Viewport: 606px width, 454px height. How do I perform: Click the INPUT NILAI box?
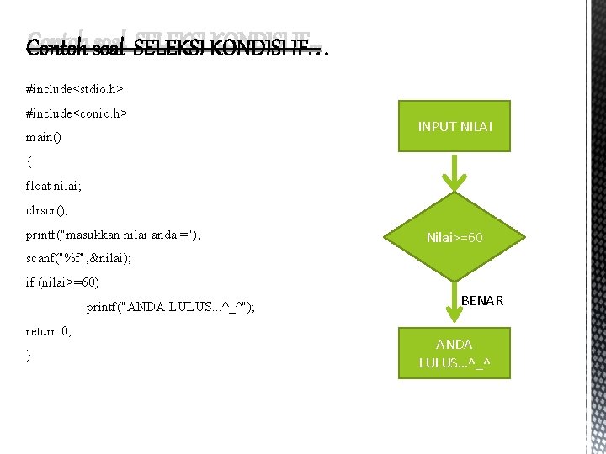(454, 127)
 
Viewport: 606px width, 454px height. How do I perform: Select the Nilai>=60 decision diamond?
(454, 238)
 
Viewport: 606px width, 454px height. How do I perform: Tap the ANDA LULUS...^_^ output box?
(454, 354)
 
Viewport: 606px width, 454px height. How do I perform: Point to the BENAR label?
(482, 300)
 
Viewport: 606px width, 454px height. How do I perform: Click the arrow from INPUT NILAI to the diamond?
(454, 172)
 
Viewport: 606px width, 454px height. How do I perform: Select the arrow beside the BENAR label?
(454, 302)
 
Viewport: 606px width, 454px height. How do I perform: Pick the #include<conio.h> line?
(77, 113)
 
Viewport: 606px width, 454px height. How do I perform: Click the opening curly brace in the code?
(29, 161)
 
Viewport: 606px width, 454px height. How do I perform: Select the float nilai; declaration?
(56, 186)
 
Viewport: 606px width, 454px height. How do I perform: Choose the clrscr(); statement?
(47, 210)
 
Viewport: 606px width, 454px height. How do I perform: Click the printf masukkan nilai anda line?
(114, 234)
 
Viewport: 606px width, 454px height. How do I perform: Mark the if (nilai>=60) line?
(68, 282)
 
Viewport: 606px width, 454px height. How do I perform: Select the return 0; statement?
(49, 331)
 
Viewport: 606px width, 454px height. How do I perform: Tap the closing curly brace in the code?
(29, 356)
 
